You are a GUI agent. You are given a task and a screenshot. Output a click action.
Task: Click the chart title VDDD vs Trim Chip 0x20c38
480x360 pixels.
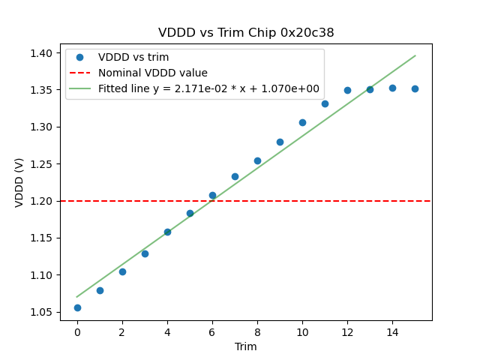point(246,33)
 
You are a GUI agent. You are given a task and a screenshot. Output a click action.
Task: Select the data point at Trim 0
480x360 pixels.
point(77,307)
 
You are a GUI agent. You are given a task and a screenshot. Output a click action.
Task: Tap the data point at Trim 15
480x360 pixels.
point(415,88)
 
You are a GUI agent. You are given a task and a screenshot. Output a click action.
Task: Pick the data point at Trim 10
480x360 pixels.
point(302,122)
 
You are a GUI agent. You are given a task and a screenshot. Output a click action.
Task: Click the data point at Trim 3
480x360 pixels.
point(145,253)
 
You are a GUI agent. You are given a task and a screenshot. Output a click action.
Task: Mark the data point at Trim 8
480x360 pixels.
point(257,160)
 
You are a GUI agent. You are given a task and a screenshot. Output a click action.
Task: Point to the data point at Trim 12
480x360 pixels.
point(347,90)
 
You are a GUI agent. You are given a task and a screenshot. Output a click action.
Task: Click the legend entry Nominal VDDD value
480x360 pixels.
point(153,73)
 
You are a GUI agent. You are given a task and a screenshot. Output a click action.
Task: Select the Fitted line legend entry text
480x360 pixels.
point(208,88)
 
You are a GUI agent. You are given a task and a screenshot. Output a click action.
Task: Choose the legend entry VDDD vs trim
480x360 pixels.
point(133,57)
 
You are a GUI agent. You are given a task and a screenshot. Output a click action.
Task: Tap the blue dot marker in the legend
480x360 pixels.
point(79,57)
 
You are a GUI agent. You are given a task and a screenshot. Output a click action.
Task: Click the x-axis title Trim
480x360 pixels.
point(246,346)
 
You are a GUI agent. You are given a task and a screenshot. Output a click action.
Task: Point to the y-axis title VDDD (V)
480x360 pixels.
point(20,181)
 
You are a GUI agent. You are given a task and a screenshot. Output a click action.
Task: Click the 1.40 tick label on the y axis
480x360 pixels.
point(42,53)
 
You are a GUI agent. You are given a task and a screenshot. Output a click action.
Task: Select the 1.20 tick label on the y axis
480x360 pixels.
point(42,201)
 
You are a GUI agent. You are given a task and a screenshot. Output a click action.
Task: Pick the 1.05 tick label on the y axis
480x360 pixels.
point(42,312)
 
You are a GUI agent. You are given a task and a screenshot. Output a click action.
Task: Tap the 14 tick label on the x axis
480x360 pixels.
point(392,331)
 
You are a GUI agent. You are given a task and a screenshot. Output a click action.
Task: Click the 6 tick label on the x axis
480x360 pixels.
point(212,331)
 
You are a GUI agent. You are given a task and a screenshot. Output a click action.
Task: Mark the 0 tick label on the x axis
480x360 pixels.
point(77,331)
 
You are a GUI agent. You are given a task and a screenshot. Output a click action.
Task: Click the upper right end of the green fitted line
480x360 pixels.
point(415,55)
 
